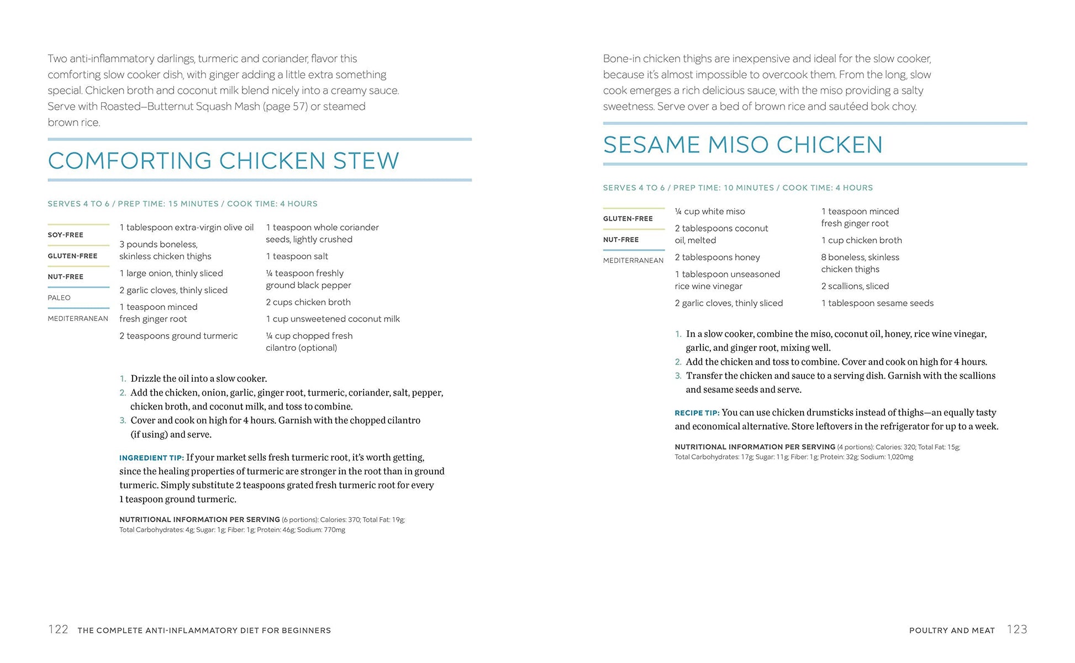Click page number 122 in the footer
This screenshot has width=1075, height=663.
(58, 629)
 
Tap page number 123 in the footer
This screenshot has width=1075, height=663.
(1017, 629)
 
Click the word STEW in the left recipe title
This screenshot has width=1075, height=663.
(366, 161)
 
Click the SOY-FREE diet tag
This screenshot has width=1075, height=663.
(65, 235)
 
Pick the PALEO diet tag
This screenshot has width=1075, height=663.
(59, 298)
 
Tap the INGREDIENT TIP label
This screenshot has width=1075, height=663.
(151, 458)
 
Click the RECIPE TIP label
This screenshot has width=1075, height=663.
(697, 413)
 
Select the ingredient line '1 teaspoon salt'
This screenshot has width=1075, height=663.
(297, 256)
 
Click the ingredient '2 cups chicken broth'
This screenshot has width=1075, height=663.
(308, 302)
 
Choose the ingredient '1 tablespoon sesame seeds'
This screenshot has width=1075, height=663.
(877, 303)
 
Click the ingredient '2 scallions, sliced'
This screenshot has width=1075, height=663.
(855, 286)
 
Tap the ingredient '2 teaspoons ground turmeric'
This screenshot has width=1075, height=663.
(178, 336)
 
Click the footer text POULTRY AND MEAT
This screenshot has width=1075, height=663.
(952, 630)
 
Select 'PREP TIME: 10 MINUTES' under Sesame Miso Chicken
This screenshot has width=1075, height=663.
(724, 188)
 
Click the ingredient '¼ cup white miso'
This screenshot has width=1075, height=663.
(710, 212)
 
